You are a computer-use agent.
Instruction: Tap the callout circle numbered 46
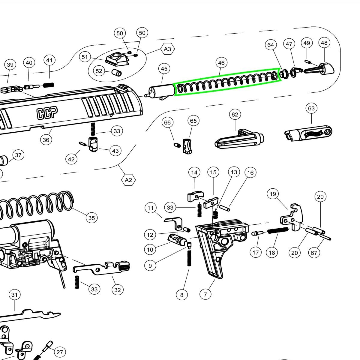click(221, 63)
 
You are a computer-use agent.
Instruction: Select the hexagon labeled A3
click(168, 49)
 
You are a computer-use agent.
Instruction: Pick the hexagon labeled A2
click(128, 180)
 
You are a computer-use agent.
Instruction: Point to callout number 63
click(311, 108)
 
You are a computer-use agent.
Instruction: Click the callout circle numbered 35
click(91, 217)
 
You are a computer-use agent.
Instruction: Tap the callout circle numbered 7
click(205, 294)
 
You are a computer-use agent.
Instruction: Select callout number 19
click(273, 194)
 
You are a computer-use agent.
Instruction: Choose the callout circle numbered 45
click(164, 69)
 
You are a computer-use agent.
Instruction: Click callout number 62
click(235, 114)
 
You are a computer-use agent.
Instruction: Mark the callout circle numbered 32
click(118, 290)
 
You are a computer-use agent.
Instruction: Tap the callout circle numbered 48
click(324, 43)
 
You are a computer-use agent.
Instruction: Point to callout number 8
click(182, 295)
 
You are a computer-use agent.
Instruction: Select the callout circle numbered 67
click(314, 253)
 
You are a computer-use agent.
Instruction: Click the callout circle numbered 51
click(85, 57)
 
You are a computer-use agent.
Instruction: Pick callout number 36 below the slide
click(46, 139)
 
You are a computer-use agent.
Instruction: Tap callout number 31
click(14, 295)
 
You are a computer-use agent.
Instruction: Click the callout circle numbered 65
click(193, 121)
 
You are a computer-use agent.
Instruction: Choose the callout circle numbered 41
click(49, 60)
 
